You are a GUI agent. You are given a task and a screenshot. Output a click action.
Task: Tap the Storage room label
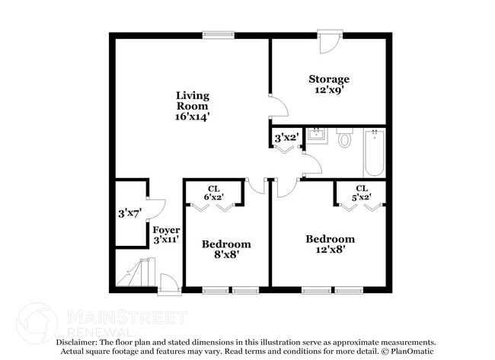pos(328,78)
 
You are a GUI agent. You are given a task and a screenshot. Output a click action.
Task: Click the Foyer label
pos(166,230)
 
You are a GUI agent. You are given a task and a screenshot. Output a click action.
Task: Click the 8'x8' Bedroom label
pos(225,249)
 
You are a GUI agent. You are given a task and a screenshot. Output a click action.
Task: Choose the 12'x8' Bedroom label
pos(330,244)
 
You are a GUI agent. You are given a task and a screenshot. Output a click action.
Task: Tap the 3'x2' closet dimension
pos(286,138)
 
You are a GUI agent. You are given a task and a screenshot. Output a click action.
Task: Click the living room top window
pos(219,34)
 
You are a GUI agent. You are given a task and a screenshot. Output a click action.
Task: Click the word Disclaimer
pos(81,342)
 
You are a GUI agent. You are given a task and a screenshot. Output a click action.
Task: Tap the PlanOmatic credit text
pos(410,352)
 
